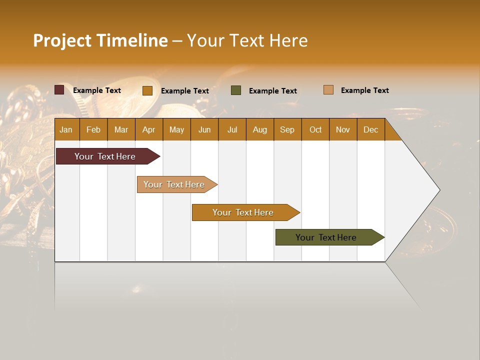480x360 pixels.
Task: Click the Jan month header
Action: (x=66, y=129)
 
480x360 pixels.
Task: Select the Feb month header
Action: (x=93, y=129)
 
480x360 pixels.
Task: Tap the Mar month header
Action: (x=121, y=129)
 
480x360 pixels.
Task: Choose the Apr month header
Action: (x=148, y=129)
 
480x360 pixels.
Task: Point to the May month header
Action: (x=176, y=129)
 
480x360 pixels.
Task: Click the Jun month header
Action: (x=204, y=129)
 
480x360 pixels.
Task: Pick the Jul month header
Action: (x=232, y=129)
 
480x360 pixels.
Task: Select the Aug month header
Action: (x=259, y=129)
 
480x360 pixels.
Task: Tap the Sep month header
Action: (x=287, y=129)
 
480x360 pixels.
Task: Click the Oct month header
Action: (x=315, y=129)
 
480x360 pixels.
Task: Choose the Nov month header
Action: (x=343, y=129)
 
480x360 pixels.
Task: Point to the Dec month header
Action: (x=370, y=129)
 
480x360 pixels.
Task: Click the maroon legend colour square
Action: (x=59, y=90)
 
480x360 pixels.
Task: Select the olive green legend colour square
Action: (x=236, y=90)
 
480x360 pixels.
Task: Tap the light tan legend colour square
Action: (x=328, y=90)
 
